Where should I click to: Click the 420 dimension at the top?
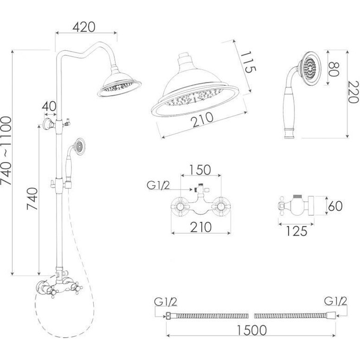point(84,27)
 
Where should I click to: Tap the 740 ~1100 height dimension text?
point(6,151)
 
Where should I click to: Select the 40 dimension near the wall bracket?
point(49,106)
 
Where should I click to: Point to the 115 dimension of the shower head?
point(248,62)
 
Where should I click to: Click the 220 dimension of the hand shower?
point(353,92)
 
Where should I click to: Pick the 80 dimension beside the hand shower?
point(334,69)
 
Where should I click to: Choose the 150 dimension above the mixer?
point(200,169)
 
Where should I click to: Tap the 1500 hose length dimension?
point(251,330)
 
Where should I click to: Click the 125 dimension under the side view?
point(296,231)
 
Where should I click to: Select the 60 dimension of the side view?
point(335,206)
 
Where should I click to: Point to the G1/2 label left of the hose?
point(166,302)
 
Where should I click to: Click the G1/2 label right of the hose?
point(336,301)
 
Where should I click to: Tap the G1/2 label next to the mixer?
point(158,185)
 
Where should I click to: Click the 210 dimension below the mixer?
point(201,227)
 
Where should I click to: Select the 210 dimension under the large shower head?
point(203,120)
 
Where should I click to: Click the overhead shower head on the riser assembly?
point(119,83)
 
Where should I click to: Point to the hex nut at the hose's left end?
point(168,316)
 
